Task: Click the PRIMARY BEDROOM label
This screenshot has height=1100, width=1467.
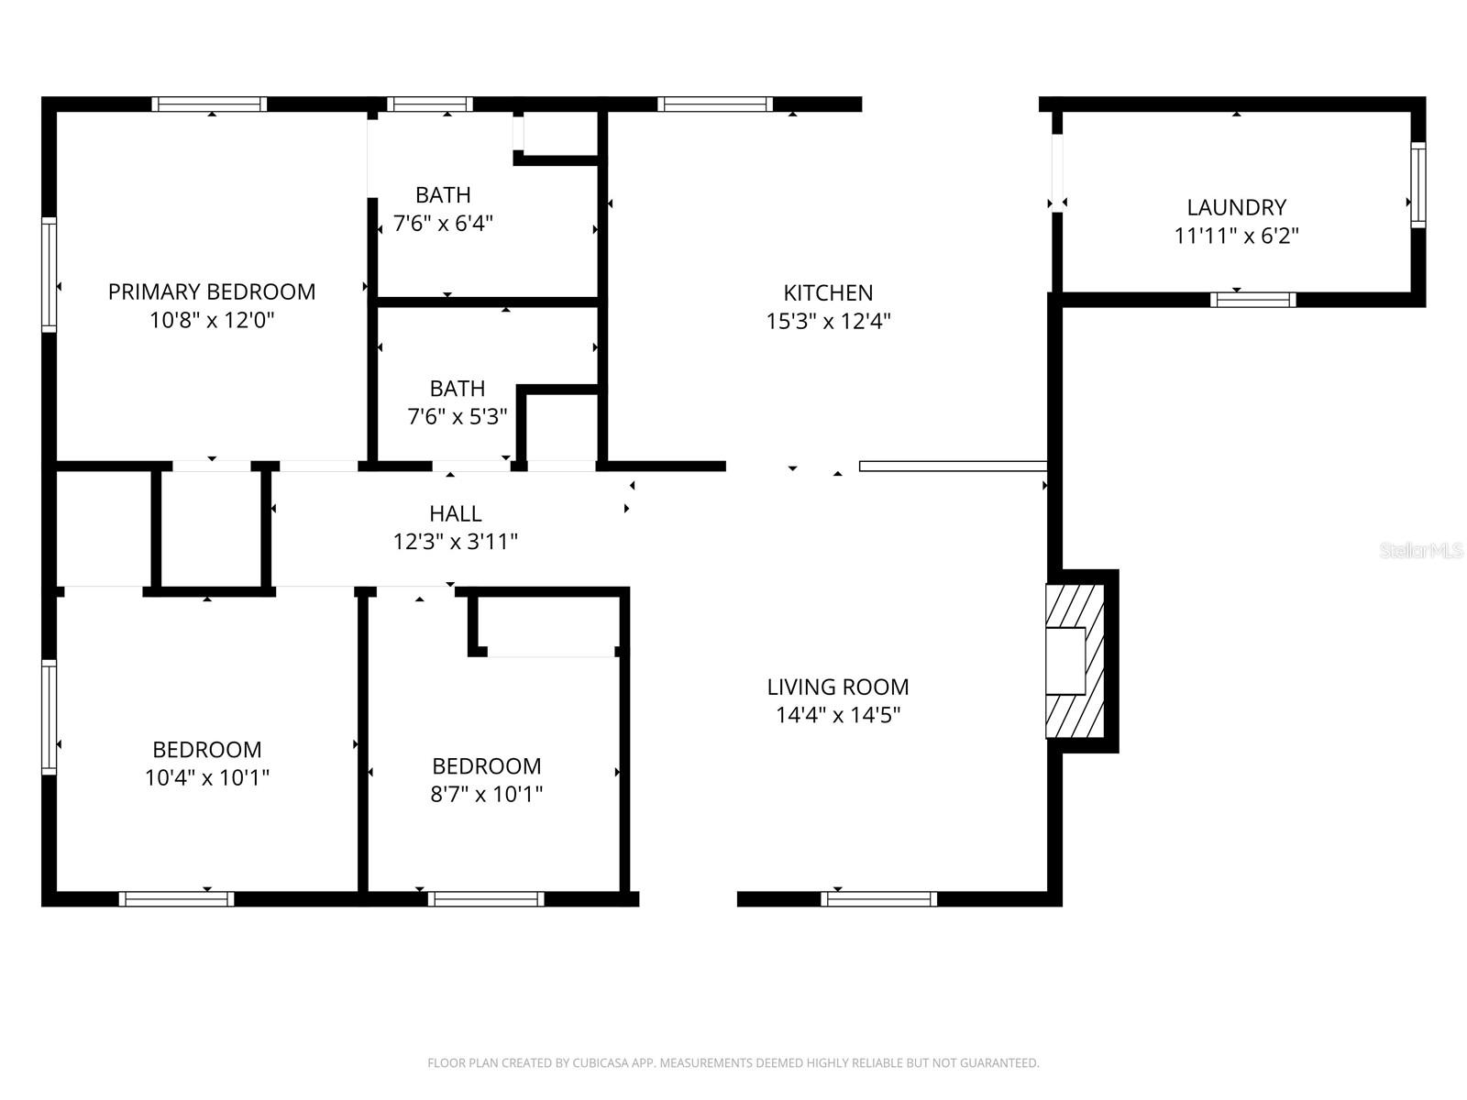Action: (x=212, y=291)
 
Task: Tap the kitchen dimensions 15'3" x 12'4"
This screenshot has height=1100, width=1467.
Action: (x=828, y=322)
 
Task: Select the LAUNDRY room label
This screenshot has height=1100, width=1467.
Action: (x=1236, y=207)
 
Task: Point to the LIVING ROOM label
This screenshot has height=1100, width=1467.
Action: (x=837, y=687)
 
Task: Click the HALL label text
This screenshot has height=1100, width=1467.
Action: (x=455, y=513)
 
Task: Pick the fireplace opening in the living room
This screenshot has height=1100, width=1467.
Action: (x=1065, y=660)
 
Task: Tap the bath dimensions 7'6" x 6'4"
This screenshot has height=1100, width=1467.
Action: (x=443, y=223)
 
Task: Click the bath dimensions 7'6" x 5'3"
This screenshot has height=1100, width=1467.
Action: (x=457, y=417)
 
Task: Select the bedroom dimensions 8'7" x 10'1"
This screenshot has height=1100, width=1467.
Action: (x=486, y=794)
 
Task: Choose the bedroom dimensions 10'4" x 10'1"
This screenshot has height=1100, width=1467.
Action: (x=206, y=778)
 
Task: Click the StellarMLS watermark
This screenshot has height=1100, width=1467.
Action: (x=1421, y=550)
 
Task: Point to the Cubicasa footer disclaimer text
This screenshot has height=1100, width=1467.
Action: (x=733, y=1063)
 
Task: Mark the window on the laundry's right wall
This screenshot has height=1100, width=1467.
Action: (x=1417, y=184)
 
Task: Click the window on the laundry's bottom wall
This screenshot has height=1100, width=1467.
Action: (x=1252, y=299)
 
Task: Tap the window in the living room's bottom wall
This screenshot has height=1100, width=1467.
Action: (x=878, y=898)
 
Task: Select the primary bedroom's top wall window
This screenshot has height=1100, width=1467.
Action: (x=209, y=104)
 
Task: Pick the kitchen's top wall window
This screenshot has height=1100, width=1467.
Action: (x=715, y=104)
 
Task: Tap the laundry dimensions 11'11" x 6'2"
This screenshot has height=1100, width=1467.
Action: (x=1236, y=236)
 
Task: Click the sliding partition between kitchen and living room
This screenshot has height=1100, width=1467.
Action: (x=953, y=466)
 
